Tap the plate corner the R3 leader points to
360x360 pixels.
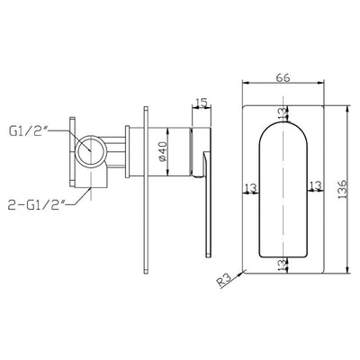pyautogui.click(x=246, y=273)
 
